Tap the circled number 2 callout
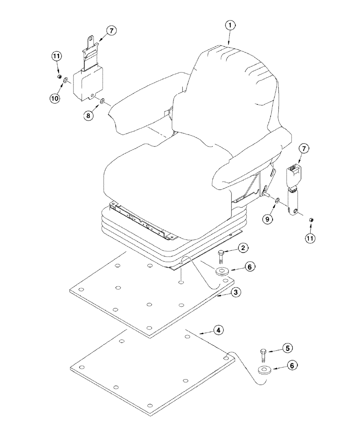pos(244,248)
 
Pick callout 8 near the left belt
pos(90,117)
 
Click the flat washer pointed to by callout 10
pos(66,81)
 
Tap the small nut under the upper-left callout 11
pos(58,77)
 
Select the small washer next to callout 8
pos(102,101)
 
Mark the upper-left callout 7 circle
pos(111,31)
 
